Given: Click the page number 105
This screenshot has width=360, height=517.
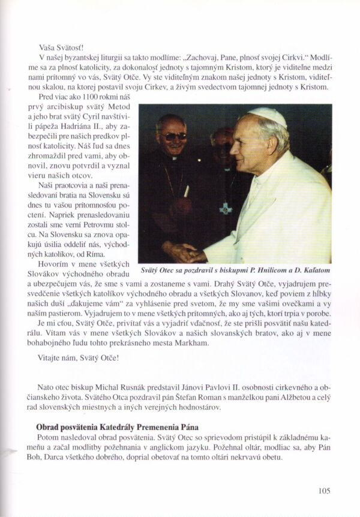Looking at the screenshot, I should (x=324, y=491).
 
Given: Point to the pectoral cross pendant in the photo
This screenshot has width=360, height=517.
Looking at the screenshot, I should (x=226, y=208).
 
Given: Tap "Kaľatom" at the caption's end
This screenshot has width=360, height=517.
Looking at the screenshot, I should (x=315, y=270).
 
